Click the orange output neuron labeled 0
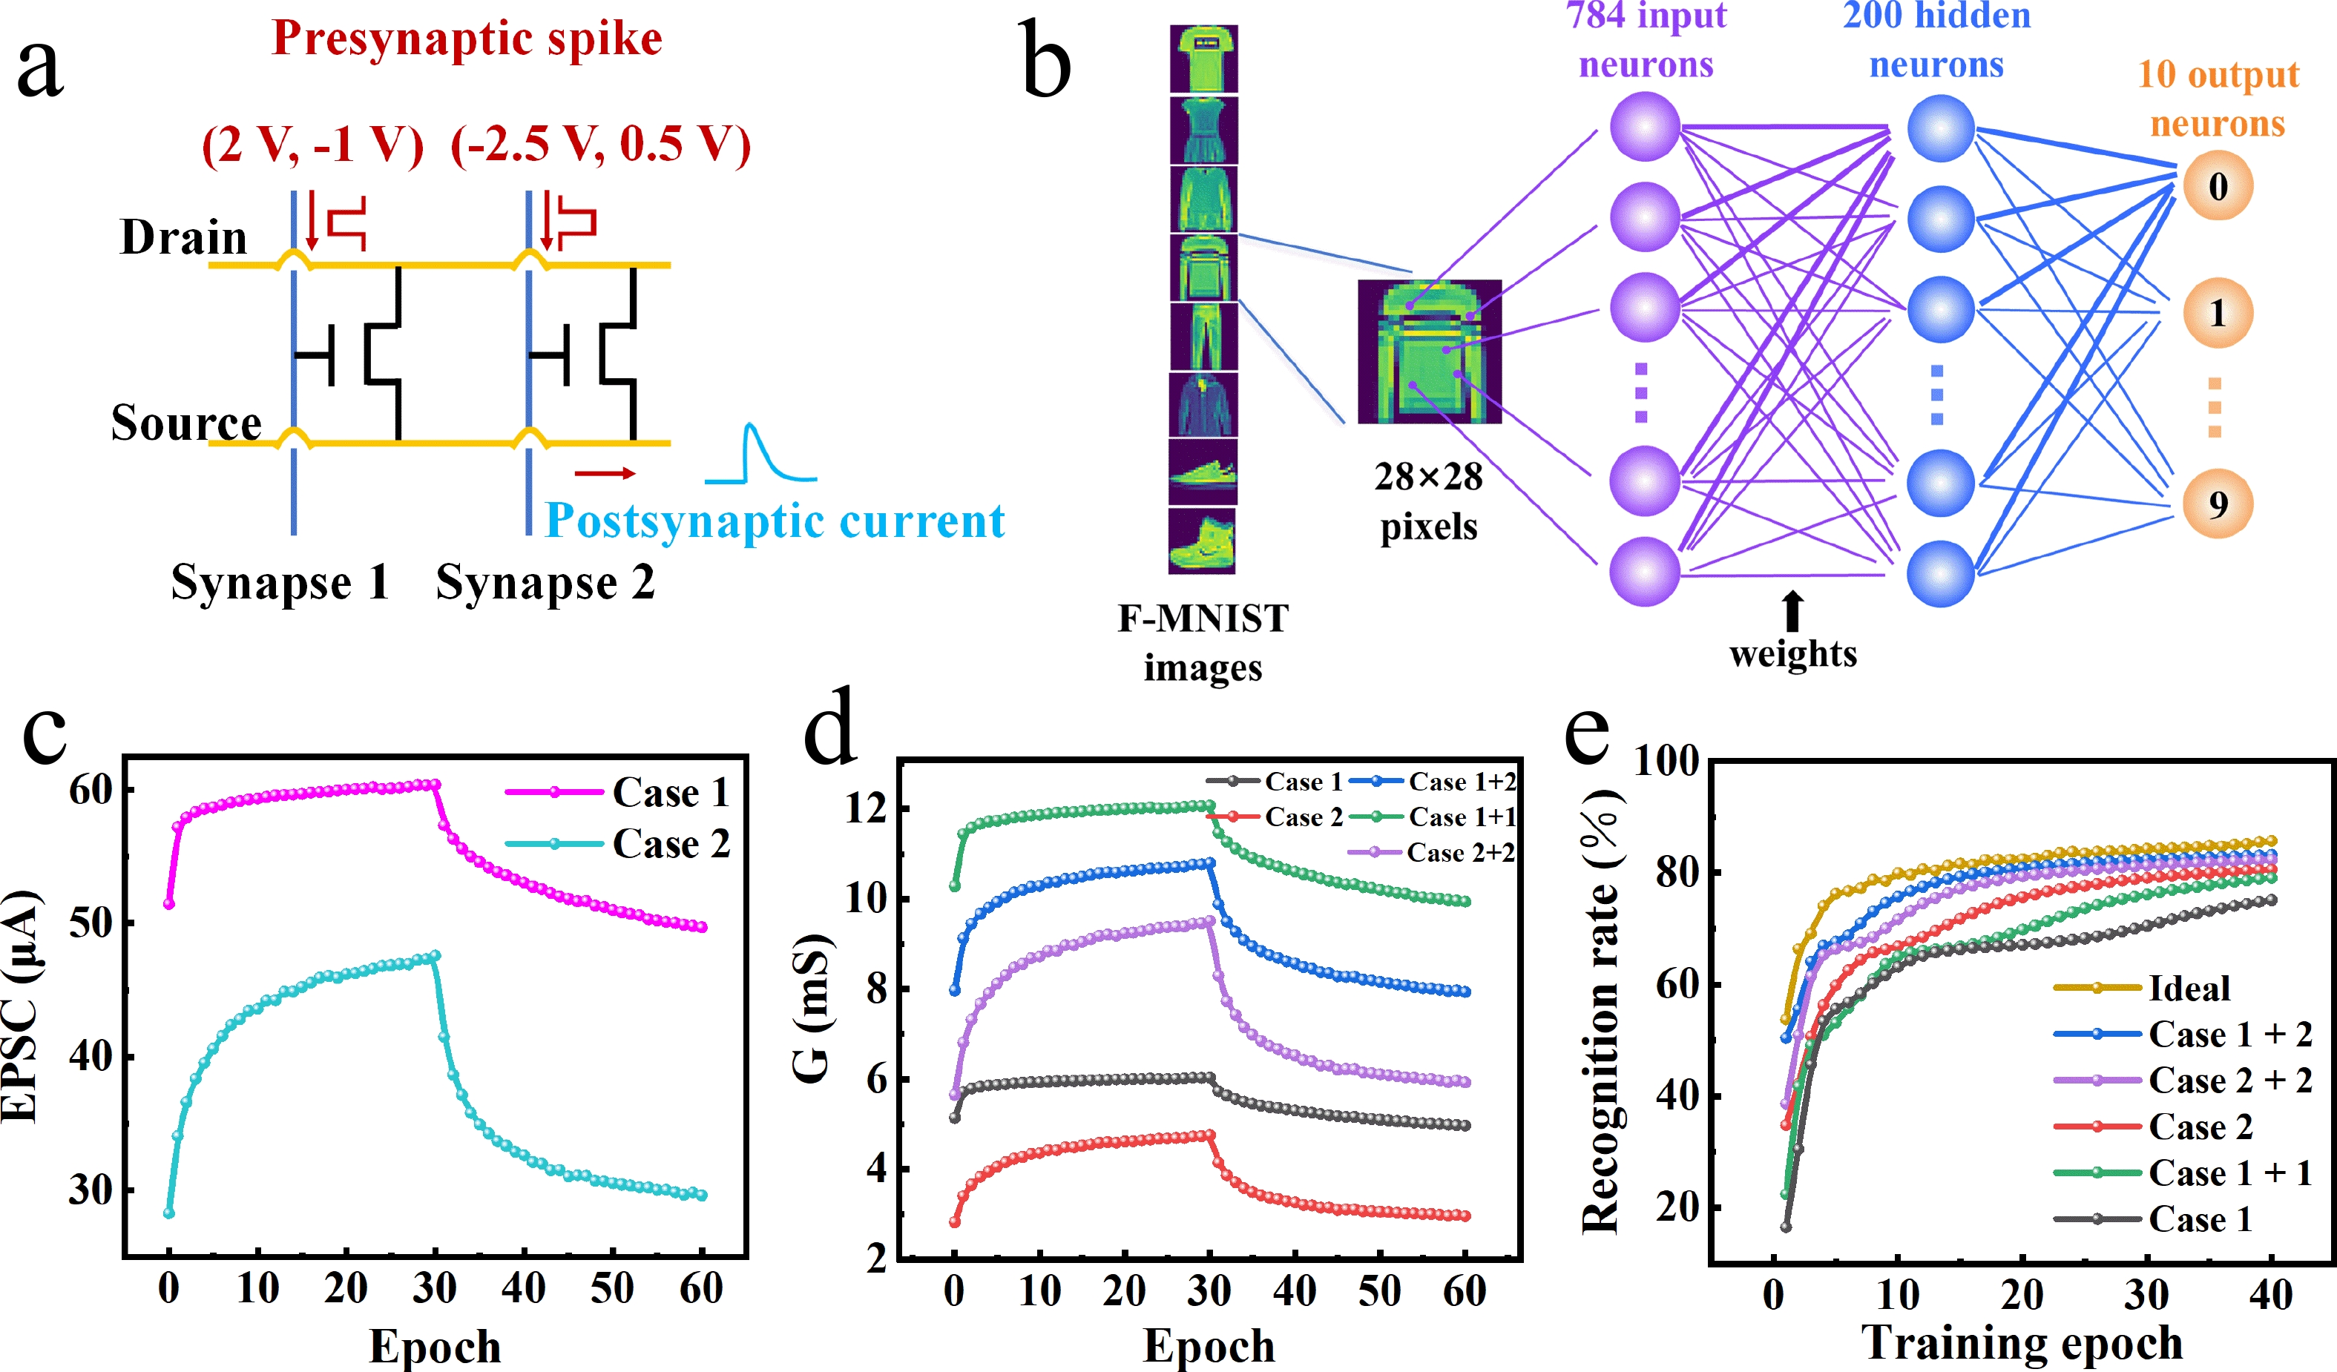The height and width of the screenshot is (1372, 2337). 2218,186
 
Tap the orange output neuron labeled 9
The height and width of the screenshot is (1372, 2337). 2218,504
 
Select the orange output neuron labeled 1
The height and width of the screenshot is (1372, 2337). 2218,313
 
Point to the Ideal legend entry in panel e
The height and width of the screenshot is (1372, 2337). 2189,988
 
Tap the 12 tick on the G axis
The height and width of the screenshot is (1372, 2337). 864,808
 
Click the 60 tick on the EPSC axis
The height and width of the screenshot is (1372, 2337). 91,790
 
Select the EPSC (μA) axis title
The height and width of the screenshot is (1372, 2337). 21,1006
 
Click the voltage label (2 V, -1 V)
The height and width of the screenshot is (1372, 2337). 312,145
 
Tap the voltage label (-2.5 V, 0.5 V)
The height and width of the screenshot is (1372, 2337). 600,145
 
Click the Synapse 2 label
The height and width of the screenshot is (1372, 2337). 545,583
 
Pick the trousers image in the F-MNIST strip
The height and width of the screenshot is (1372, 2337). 1203,337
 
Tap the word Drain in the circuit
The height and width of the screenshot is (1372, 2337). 184,237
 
